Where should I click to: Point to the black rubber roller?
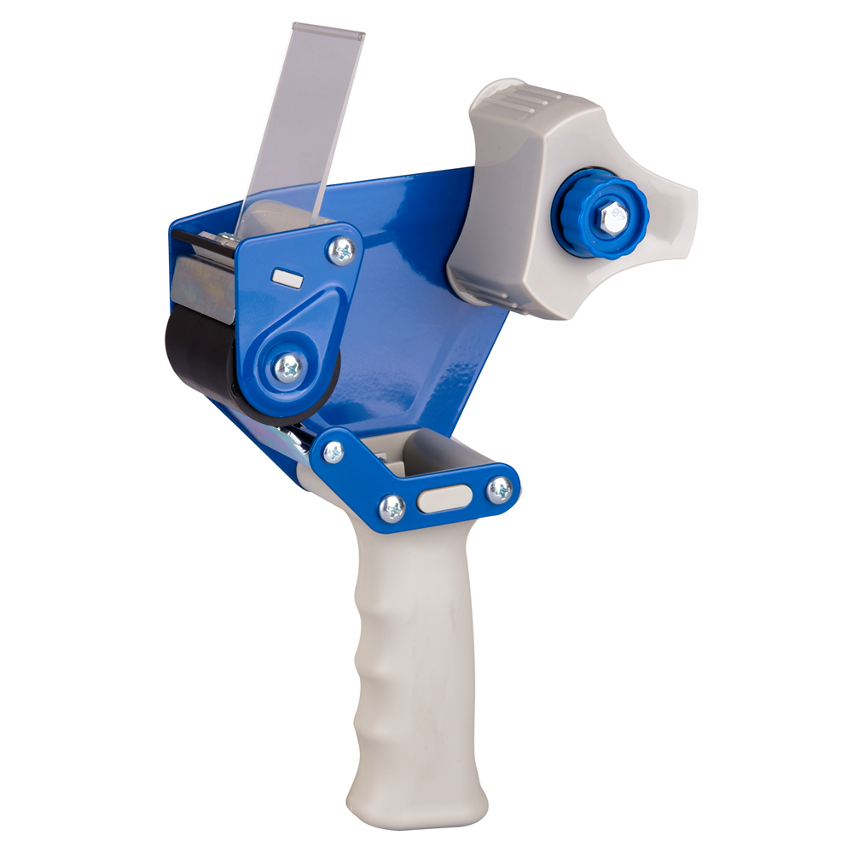coord(192,358)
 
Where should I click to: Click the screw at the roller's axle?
coord(291,368)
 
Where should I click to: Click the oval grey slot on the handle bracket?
coord(444,499)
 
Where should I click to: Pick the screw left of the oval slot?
coord(392,508)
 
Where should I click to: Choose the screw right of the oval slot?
coord(500,489)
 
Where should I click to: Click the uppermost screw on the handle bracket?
coord(334,452)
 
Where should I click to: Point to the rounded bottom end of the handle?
coord(418,810)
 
